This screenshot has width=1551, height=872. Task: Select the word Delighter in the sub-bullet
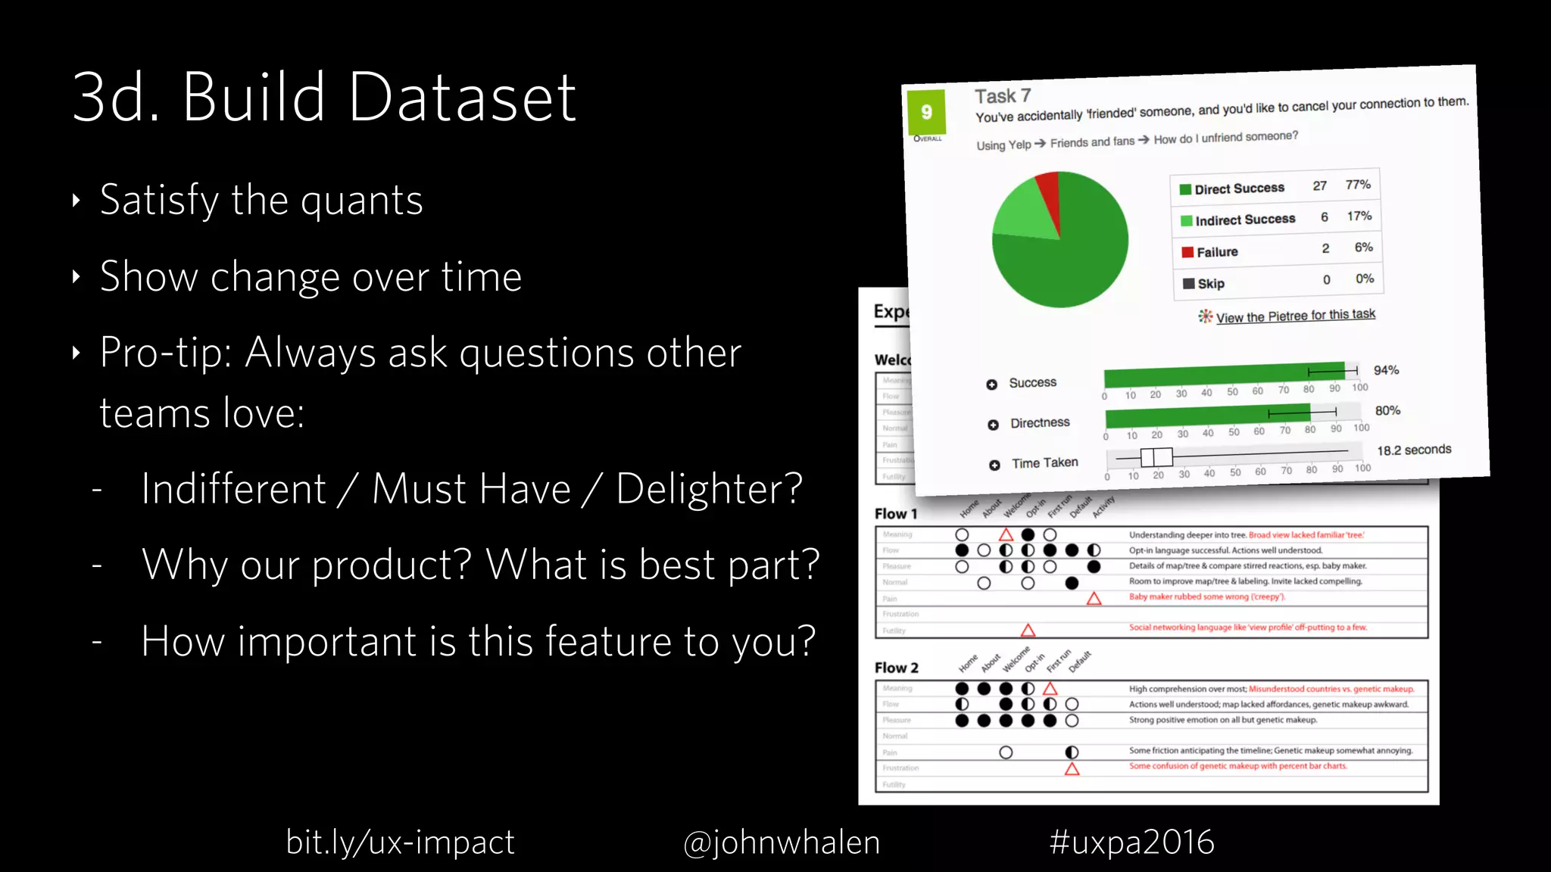pyautogui.click(x=708, y=488)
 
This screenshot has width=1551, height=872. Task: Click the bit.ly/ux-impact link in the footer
pyautogui.click(x=400, y=842)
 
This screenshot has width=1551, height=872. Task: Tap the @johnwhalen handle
pyautogui.click(x=781, y=842)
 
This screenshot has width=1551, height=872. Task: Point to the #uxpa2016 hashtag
pyautogui.click(x=1131, y=842)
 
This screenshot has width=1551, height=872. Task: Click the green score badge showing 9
pyautogui.click(x=926, y=112)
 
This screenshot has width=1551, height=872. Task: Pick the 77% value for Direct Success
pyautogui.click(x=1358, y=185)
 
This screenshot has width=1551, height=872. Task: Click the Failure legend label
pyautogui.click(x=1217, y=252)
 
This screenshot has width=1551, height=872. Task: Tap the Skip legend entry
pyautogui.click(x=1210, y=284)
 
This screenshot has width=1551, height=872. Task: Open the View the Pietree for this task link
pyautogui.click(x=1295, y=316)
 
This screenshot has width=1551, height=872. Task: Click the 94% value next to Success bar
pyautogui.click(x=1386, y=370)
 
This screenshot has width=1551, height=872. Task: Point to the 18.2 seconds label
pyautogui.click(x=1413, y=450)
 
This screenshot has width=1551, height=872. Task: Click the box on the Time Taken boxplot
pyautogui.click(x=1156, y=457)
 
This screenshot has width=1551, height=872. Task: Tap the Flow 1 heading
pyautogui.click(x=895, y=514)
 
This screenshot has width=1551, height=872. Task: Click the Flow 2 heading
pyautogui.click(x=896, y=668)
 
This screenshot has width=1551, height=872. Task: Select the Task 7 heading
pyautogui.click(x=1002, y=96)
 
